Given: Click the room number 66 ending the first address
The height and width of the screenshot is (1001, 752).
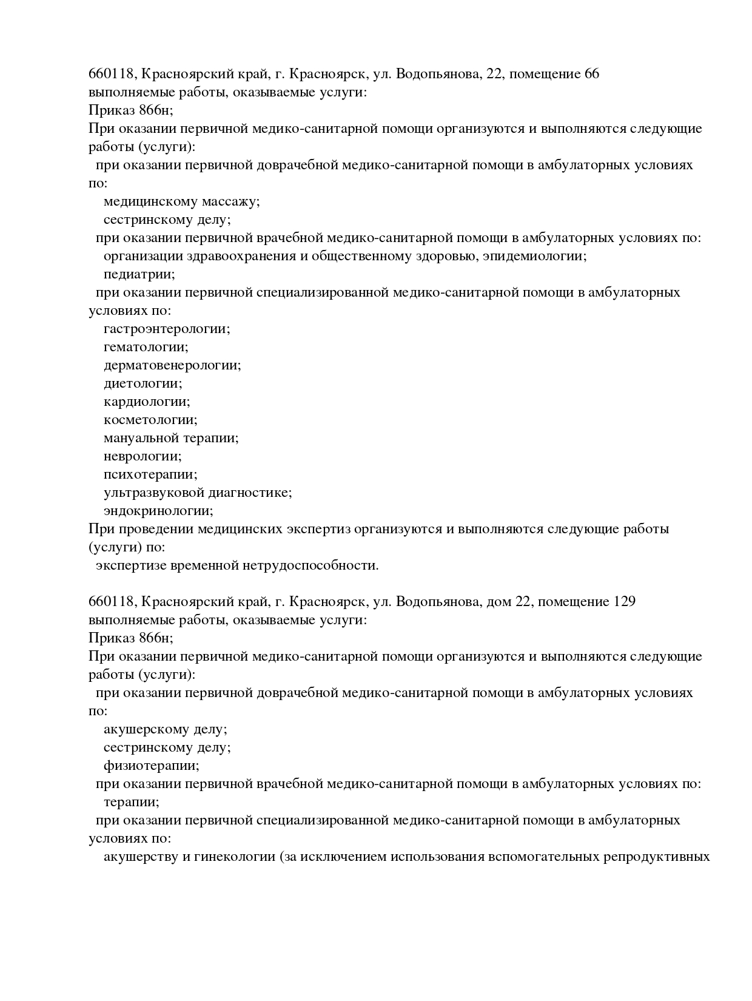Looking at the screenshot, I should (x=592, y=74).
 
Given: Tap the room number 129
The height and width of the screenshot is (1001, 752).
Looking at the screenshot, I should (x=624, y=602).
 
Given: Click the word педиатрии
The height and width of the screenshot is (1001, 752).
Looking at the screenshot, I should (x=139, y=274).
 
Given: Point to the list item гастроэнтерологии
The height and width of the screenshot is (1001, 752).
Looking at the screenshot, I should (x=167, y=329).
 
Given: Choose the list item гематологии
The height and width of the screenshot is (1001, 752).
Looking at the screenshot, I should (x=146, y=347).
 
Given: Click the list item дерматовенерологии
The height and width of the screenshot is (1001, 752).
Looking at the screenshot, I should (x=172, y=365).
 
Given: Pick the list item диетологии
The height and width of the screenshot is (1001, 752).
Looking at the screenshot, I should (x=143, y=383).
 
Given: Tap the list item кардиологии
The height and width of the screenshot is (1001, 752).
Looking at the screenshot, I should (x=146, y=402).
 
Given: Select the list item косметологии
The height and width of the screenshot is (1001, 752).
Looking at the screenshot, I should (x=150, y=420).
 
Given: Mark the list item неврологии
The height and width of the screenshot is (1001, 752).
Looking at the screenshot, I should (x=143, y=456).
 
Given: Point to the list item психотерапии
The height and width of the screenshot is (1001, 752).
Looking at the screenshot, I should (x=150, y=474).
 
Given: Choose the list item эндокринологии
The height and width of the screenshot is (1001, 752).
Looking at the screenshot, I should (x=158, y=511).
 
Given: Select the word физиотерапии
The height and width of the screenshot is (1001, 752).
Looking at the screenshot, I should (x=151, y=766).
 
